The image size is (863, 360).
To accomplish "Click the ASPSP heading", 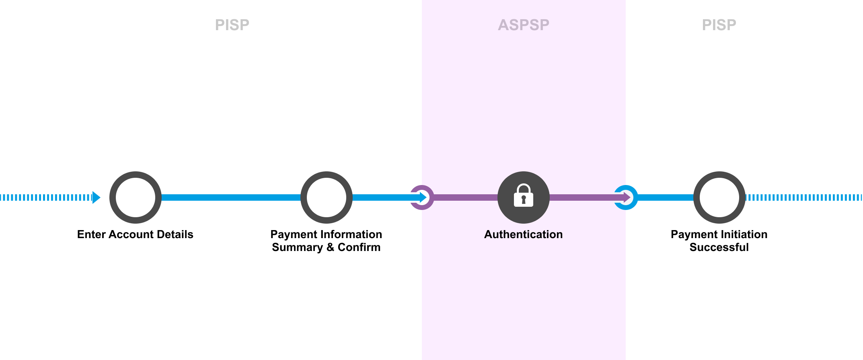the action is click(x=524, y=25).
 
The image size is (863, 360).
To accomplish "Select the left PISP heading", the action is click(x=232, y=25).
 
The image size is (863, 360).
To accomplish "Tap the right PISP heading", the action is click(x=719, y=25).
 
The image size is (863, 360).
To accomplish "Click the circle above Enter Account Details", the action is click(x=136, y=197).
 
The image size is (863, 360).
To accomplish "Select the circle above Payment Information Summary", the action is click(x=327, y=197).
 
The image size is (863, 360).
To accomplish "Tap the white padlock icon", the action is click(x=524, y=195).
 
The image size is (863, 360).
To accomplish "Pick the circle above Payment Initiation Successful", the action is click(x=719, y=197).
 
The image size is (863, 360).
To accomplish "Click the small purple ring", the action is click(x=422, y=197).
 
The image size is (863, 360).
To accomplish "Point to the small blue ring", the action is click(x=626, y=197).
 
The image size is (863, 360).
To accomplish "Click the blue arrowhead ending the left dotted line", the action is click(x=97, y=197).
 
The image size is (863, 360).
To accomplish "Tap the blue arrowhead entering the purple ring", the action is click(x=423, y=197).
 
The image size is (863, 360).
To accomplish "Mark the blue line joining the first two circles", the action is click(x=231, y=197).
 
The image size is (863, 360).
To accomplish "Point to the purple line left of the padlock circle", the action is click(x=466, y=197).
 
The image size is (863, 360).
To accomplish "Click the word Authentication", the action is click(x=524, y=235).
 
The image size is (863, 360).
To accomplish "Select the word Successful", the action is click(x=719, y=247).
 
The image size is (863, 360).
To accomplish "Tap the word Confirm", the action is click(x=359, y=247).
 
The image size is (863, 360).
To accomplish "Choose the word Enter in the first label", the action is click(x=91, y=235).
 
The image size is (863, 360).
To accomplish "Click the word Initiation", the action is click(x=744, y=235).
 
